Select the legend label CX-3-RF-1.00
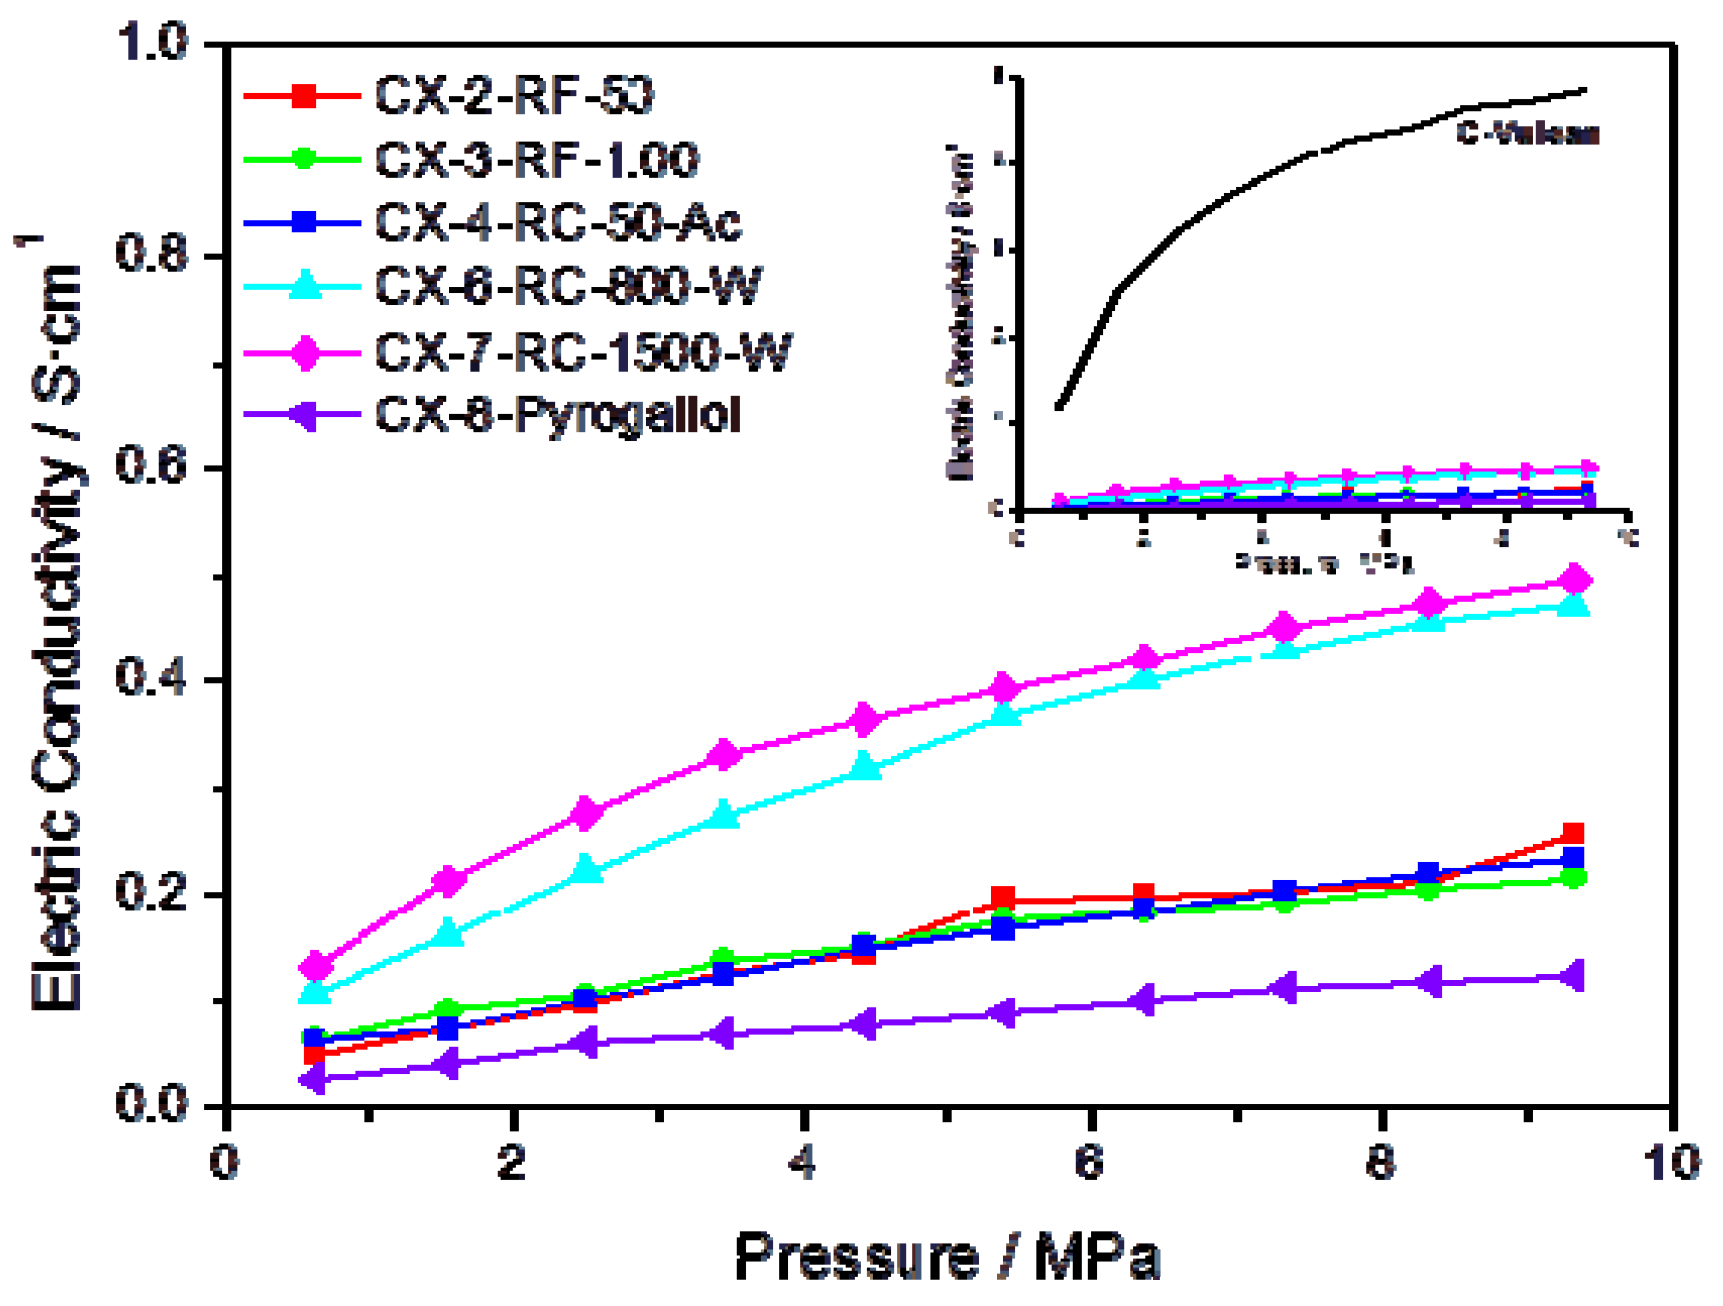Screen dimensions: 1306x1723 (537, 160)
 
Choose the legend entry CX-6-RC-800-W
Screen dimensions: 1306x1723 (568, 286)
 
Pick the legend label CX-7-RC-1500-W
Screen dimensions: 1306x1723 (583, 351)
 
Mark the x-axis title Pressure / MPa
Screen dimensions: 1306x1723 (947, 1257)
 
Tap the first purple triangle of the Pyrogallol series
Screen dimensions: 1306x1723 (314, 1079)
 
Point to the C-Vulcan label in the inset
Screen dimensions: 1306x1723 (1527, 134)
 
